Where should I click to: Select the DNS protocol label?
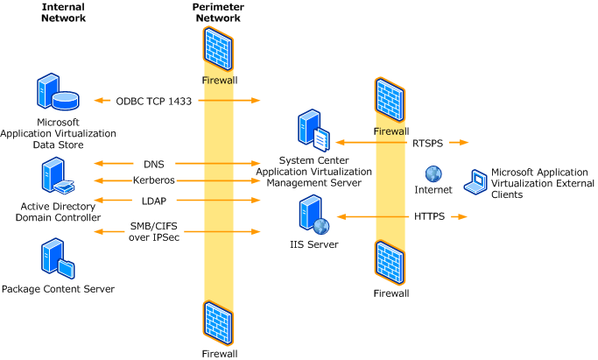point(153,163)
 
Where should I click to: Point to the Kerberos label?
point(154,180)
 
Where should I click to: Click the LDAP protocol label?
point(154,201)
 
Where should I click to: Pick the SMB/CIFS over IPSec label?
point(154,231)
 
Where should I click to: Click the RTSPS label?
point(429,141)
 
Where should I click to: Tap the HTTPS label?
point(429,216)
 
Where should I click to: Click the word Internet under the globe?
point(434,189)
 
